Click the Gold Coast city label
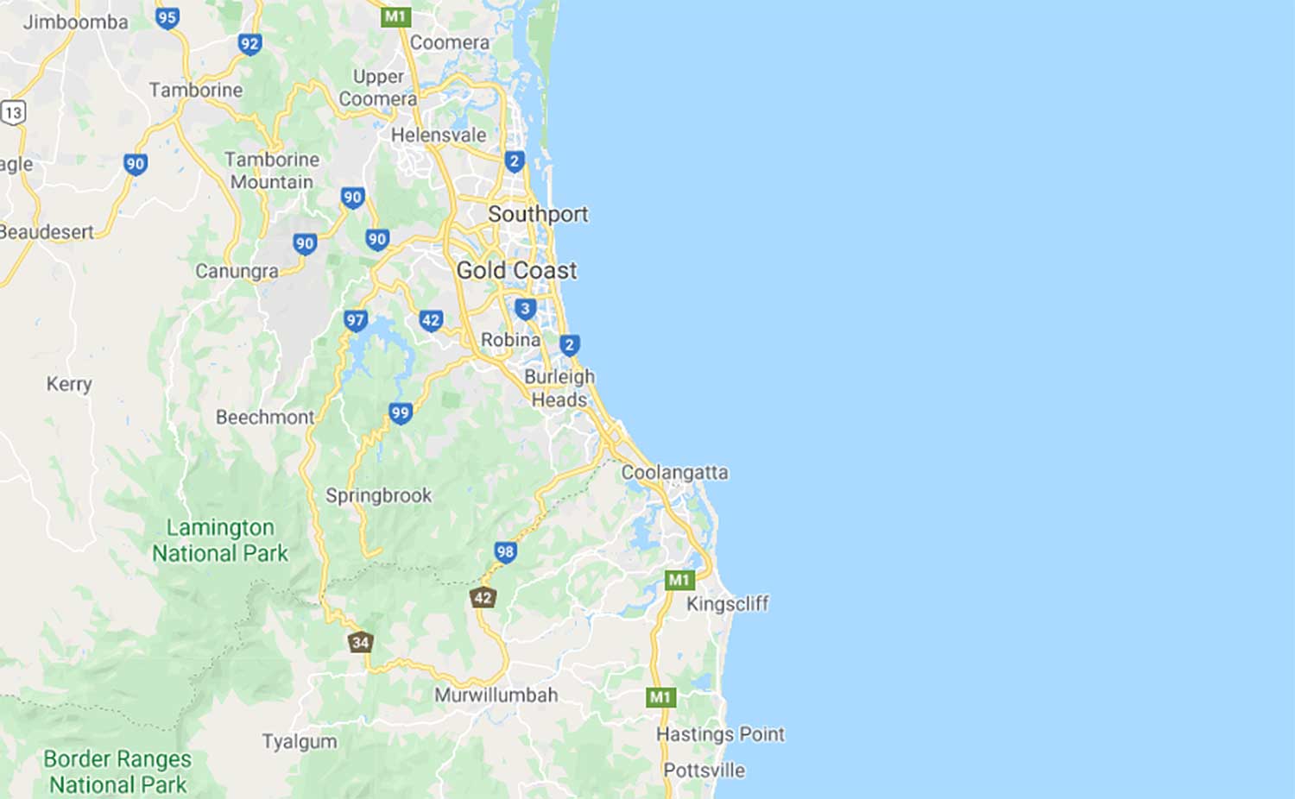(516, 270)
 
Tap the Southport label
(538, 214)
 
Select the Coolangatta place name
(674, 472)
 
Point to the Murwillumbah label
(496, 695)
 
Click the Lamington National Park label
(220, 540)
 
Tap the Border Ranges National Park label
(117, 771)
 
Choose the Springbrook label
(378, 495)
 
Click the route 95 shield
(167, 17)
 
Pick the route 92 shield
(250, 44)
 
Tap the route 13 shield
(13, 112)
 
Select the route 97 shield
(355, 321)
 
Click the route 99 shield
(400, 413)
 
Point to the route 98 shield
(505, 551)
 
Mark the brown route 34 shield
(360, 642)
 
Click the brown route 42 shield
(483, 597)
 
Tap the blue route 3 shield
(525, 309)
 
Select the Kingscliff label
(727, 603)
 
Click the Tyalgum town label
(300, 741)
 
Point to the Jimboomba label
(75, 22)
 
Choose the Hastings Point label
(720, 734)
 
